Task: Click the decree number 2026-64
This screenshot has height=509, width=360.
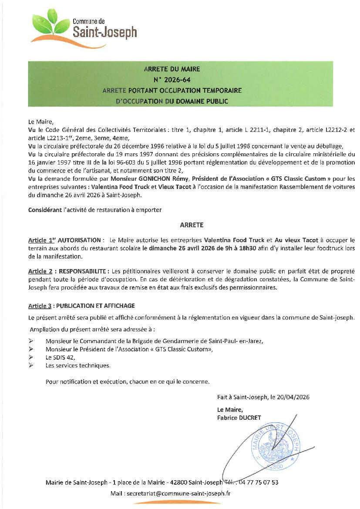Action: pos(172,80)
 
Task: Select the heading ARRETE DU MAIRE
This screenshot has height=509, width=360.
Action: pos(172,69)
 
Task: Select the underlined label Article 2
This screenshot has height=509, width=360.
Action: pos(40,271)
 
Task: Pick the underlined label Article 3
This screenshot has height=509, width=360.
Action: pos(40,306)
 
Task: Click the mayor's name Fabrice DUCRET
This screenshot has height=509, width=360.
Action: pos(239,418)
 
